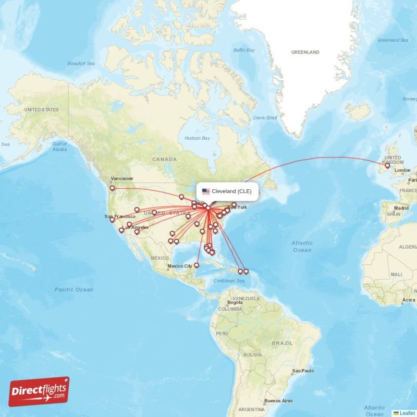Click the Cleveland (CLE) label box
[x=227, y=191]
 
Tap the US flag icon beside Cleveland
[x=206, y=191]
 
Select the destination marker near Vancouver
[x=112, y=188]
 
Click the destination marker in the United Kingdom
[x=387, y=166]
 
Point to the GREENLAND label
[x=305, y=53]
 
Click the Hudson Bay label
[x=198, y=138]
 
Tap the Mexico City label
[x=180, y=266]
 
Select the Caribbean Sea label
[x=229, y=281]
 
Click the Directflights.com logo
[x=39, y=391]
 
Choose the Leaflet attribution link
[x=407, y=413]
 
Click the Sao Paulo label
[x=303, y=371]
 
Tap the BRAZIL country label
[x=282, y=344]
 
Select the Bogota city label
[x=235, y=302]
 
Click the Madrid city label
[x=401, y=208]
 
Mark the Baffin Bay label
[x=243, y=50]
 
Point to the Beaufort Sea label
[x=81, y=64]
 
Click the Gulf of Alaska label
[x=59, y=146]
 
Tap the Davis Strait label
[x=265, y=118]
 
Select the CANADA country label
[x=164, y=159]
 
